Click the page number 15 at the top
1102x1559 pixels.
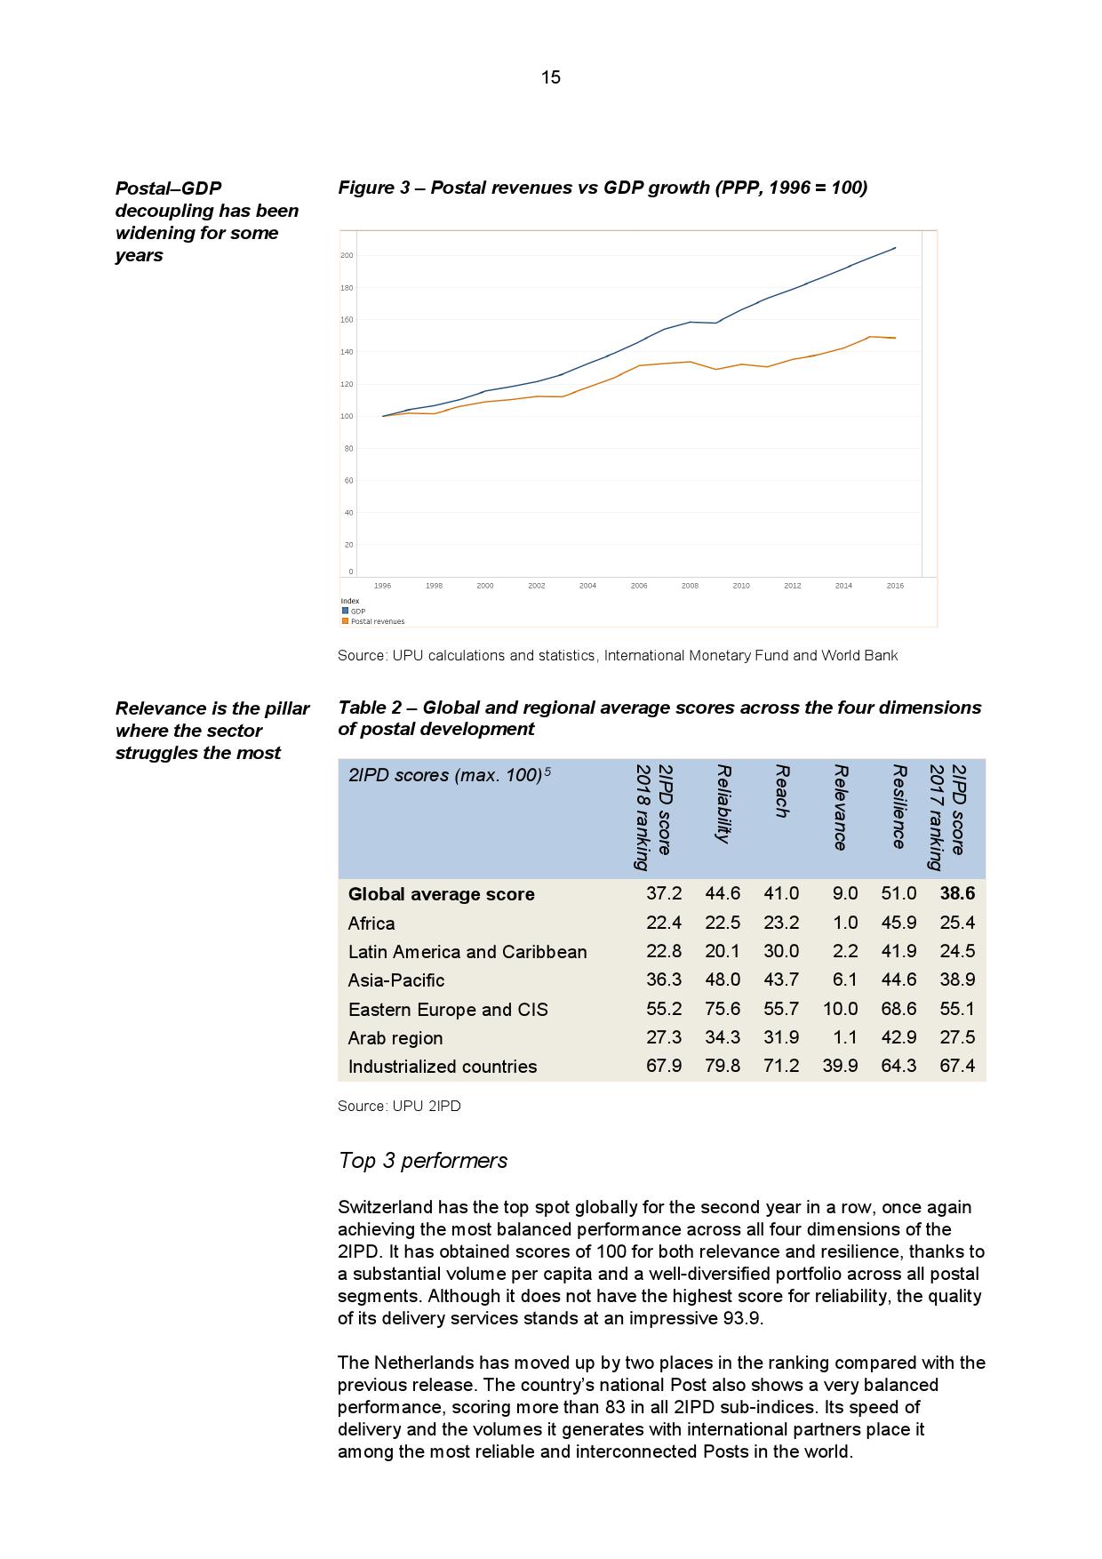click(x=550, y=77)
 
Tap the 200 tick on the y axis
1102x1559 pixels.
click(x=347, y=256)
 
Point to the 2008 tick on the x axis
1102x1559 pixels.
click(x=690, y=586)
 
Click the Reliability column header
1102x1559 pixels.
click(x=723, y=803)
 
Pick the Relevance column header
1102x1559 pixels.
click(x=841, y=807)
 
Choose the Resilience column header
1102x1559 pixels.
click(x=899, y=806)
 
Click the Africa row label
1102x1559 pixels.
click(x=371, y=923)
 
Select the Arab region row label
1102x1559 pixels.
click(x=395, y=1038)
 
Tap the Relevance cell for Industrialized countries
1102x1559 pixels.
click(x=840, y=1066)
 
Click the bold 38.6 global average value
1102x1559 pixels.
click(x=957, y=893)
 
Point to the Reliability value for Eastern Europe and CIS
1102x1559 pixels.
click(x=723, y=1009)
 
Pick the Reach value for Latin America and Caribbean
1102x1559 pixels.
click(x=781, y=951)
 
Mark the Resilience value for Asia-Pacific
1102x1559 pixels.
click(x=898, y=979)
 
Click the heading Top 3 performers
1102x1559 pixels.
click(x=423, y=1161)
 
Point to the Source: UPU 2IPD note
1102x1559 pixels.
click(x=399, y=1106)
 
